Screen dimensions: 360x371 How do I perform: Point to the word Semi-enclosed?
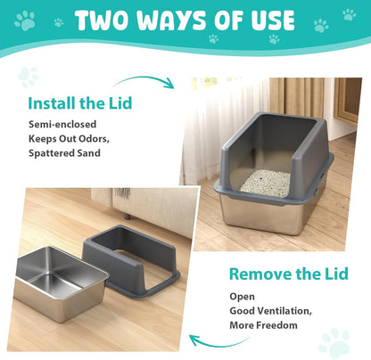click(x=62, y=124)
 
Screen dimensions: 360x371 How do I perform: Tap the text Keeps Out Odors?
click(x=70, y=139)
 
